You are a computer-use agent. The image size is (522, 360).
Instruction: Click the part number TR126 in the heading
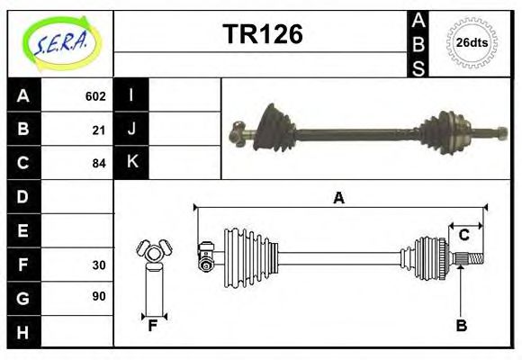tap(262, 35)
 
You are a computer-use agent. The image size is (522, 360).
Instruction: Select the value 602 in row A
tap(95, 96)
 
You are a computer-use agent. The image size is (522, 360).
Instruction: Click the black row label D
tap(22, 197)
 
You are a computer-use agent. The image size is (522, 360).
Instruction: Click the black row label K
tap(131, 163)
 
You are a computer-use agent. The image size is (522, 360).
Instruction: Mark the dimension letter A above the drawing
tap(339, 198)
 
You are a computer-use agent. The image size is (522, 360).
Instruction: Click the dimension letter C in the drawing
tap(464, 235)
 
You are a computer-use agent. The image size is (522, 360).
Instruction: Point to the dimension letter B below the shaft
tap(462, 326)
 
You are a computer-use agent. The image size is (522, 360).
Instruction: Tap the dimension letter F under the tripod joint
tap(153, 326)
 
